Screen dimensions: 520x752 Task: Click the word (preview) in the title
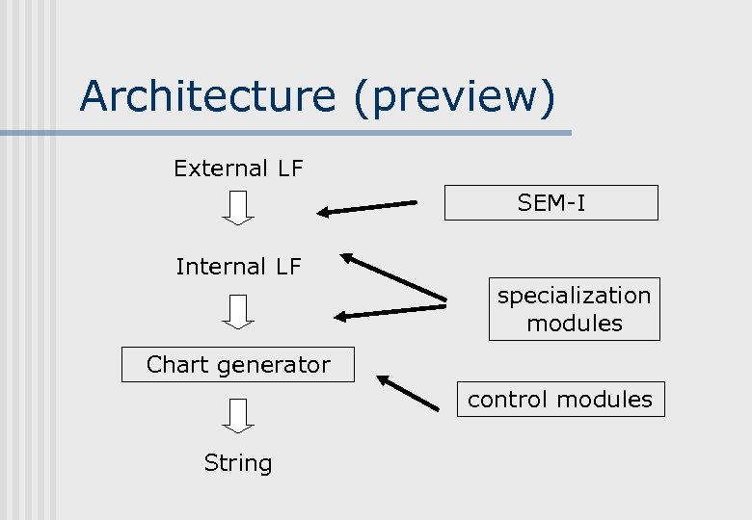click(x=454, y=96)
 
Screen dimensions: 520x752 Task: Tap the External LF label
click(x=238, y=169)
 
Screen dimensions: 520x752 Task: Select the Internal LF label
click(x=238, y=266)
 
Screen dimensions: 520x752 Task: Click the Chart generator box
click(x=238, y=365)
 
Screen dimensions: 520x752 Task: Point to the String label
click(x=238, y=463)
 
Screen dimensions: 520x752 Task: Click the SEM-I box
click(x=551, y=203)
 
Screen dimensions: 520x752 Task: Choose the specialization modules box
click(x=574, y=309)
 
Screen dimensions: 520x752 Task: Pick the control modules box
click(x=560, y=399)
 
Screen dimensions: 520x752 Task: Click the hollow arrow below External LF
click(x=238, y=207)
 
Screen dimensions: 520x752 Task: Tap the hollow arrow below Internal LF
click(x=238, y=310)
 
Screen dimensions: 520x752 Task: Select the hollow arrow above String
click(x=238, y=414)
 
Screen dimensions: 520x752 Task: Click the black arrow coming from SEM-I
click(x=368, y=207)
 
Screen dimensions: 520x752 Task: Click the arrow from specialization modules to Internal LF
click(x=393, y=275)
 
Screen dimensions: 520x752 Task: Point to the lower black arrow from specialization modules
click(x=389, y=311)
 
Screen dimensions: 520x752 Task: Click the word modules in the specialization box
click(x=574, y=324)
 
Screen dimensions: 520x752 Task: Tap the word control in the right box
click(x=507, y=399)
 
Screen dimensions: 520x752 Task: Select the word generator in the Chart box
click(x=279, y=365)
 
